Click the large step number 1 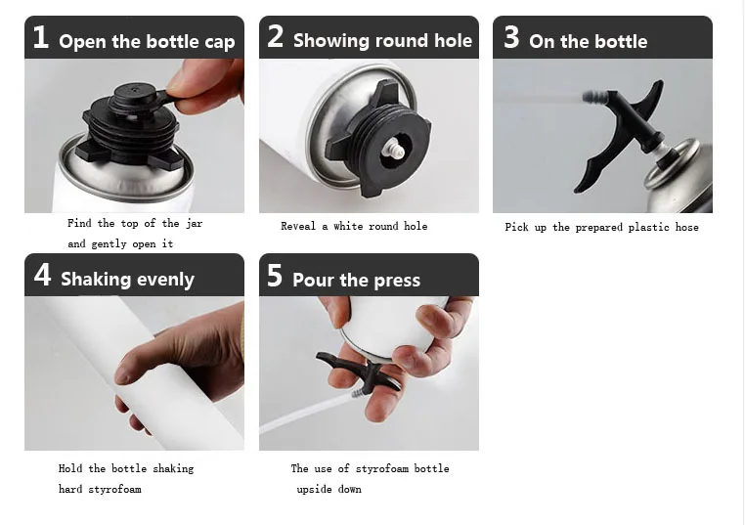click(41, 37)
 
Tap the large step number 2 click(276, 36)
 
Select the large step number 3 click(511, 37)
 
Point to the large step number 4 click(42, 275)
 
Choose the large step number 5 click(275, 276)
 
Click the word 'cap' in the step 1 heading click(220, 43)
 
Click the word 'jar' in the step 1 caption click(194, 223)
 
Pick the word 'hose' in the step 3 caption click(687, 227)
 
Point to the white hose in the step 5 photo click(308, 415)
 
